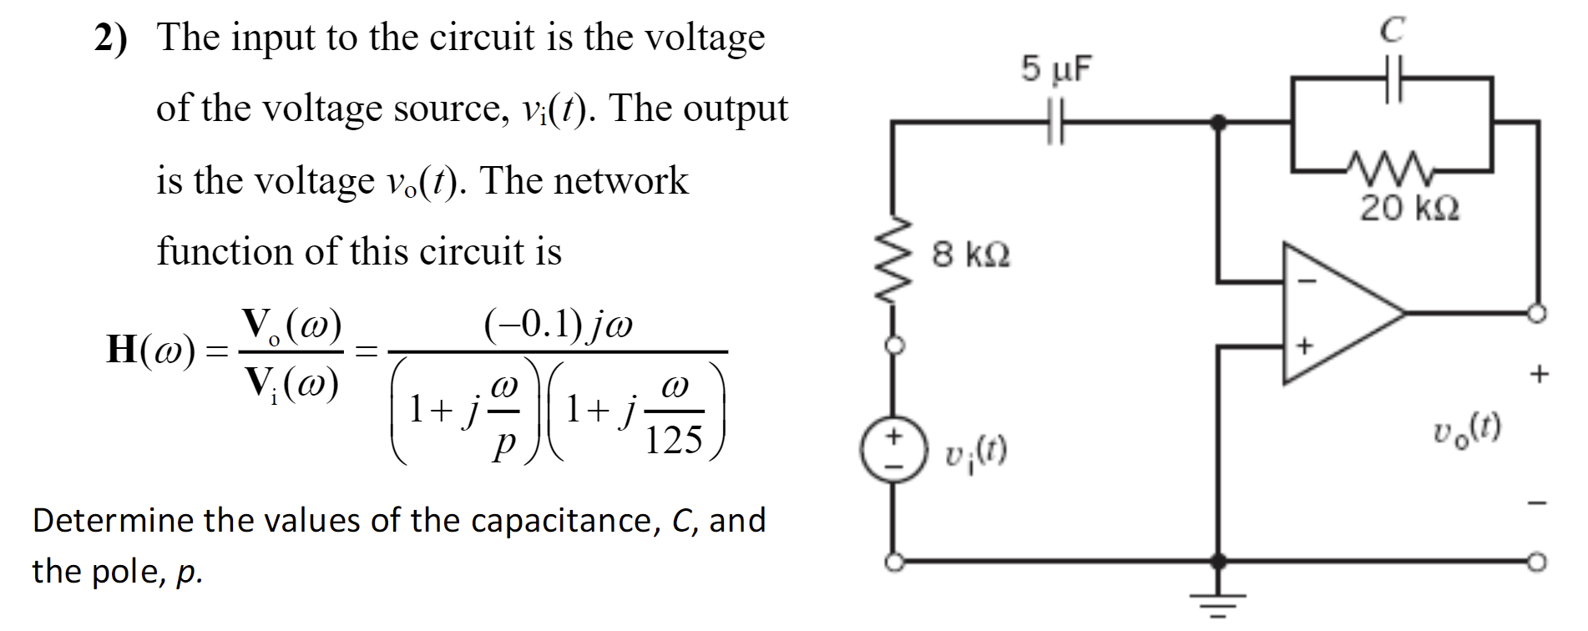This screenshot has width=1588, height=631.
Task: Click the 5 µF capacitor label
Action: click(1055, 69)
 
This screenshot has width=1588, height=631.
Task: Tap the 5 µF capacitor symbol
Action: click(1056, 122)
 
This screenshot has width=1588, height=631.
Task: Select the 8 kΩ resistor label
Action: click(971, 254)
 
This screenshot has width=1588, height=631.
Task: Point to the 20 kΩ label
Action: click(1409, 208)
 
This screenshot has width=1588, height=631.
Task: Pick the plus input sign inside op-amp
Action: click(1305, 345)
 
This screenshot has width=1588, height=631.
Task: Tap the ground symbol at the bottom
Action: click(1218, 603)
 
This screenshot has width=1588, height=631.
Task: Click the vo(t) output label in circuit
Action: click(1467, 430)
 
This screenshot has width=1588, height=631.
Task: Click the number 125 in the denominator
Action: click(674, 439)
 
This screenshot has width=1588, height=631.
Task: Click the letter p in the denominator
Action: click(504, 442)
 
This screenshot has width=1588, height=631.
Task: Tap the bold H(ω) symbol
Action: click(150, 349)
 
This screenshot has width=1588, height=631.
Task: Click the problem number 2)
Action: click(110, 38)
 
